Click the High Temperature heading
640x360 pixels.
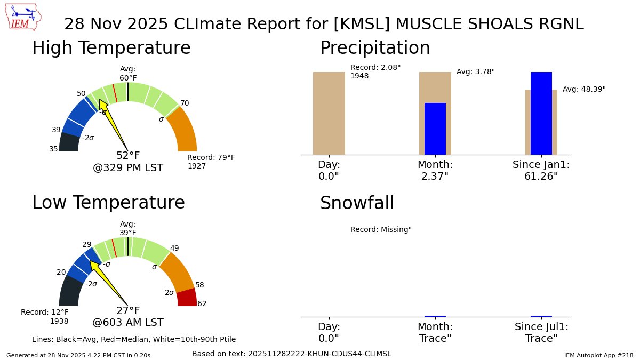pos(111,48)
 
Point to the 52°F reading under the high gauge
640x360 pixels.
pos(128,156)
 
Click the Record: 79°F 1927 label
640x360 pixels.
pos(211,162)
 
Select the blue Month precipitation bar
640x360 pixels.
pos(435,129)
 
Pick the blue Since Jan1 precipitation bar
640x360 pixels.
pos(541,113)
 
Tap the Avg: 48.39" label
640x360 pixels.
pos(584,89)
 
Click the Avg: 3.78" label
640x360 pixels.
pos(476,71)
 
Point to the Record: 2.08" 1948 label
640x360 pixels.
pos(375,71)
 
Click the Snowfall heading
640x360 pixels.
pos(357,203)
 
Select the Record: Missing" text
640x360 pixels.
pos(381,229)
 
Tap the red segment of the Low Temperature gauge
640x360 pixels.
pos(187,297)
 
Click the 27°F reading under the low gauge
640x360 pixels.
pos(128,311)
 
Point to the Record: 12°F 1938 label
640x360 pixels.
pos(45,316)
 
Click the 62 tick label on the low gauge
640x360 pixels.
pos(202,304)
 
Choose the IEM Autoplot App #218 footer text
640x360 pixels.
pos(598,355)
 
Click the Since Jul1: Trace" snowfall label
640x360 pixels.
pos(541,333)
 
